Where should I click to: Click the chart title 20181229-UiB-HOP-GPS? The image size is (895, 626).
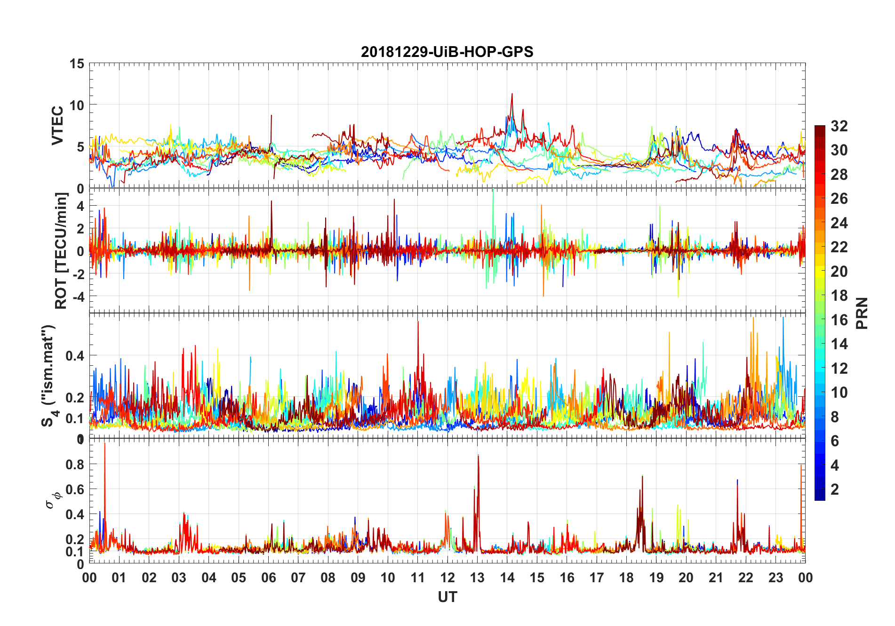pyautogui.click(x=447, y=52)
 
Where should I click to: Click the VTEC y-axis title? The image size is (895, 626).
pyautogui.click(x=57, y=126)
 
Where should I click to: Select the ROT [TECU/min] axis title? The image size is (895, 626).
pyautogui.click(x=61, y=250)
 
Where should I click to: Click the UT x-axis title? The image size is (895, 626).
pyautogui.click(x=447, y=597)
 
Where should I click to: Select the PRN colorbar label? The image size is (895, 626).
pyautogui.click(x=862, y=313)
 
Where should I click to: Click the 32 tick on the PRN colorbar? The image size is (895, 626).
pyautogui.click(x=839, y=126)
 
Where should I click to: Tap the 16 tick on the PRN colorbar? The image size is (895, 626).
pyautogui.click(x=839, y=320)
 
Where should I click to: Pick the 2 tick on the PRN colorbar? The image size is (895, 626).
pyautogui.click(x=835, y=490)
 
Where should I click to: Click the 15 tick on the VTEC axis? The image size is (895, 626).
pyautogui.click(x=77, y=64)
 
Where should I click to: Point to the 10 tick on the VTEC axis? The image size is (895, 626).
pyautogui.click(x=77, y=105)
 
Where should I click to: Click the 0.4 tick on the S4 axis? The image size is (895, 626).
pyautogui.click(x=75, y=355)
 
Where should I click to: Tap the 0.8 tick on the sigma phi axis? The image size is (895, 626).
pyautogui.click(x=75, y=464)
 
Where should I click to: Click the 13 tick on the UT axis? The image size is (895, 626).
pyautogui.click(x=477, y=578)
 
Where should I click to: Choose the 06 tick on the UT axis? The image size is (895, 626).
pyautogui.click(x=268, y=578)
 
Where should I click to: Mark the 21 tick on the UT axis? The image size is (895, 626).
pyautogui.click(x=716, y=578)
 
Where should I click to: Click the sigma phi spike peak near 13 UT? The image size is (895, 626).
pyautogui.click(x=478, y=456)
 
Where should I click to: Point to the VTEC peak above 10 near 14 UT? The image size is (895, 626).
pyautogui.click(x=512, y=94)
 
